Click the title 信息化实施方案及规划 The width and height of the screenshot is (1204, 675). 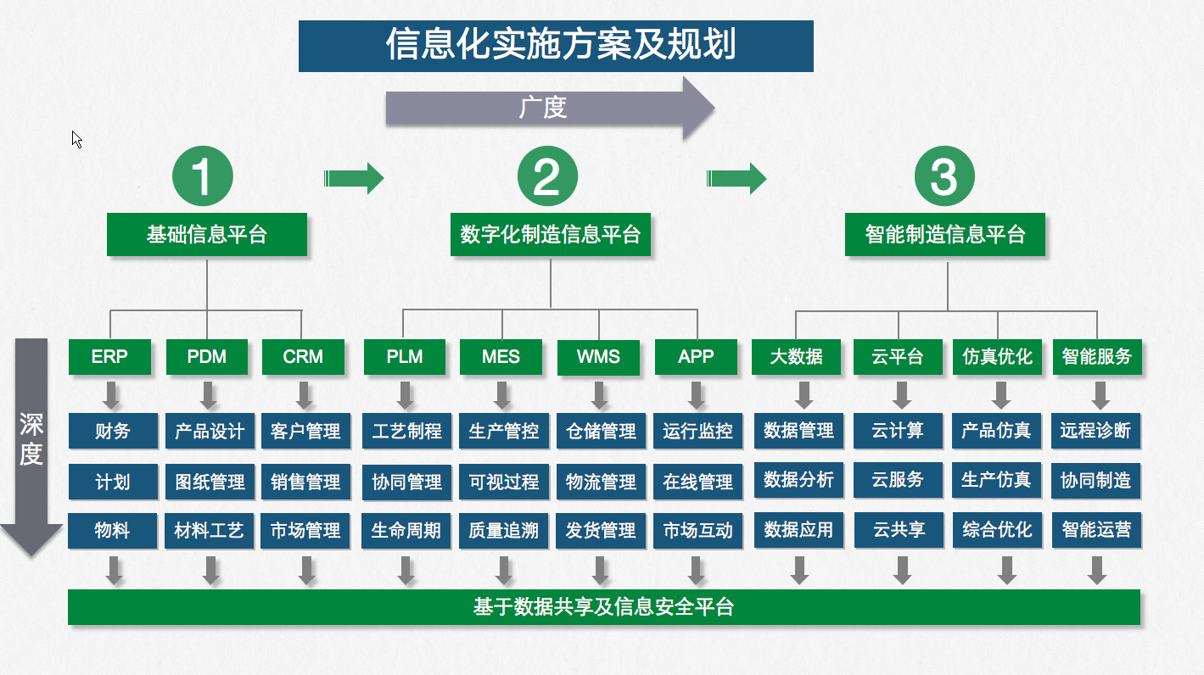[x=556, y=46]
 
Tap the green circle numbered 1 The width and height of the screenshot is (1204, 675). [x=202, y=177]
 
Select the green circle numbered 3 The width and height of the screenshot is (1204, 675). [x=944, y=177]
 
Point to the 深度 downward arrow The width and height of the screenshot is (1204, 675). [x=31, y=445]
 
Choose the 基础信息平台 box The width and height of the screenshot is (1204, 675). [x=206, y=234]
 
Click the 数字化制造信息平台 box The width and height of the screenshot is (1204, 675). [x=550, y=234]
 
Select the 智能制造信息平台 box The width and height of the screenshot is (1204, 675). [x=945, y=234]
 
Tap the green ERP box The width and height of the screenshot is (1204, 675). [x=109, y=357]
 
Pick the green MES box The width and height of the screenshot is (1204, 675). [x=501, y=357]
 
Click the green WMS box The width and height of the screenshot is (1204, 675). [x=598, y=357]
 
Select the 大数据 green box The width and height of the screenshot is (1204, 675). [x=796, y=357]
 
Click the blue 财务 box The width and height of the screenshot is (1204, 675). [x=113, y=431]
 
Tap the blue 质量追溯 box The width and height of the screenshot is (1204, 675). [x=504, y=531]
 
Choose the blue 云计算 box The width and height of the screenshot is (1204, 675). [x=898, y=431]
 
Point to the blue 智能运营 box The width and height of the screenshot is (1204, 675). [x=1096, y=531]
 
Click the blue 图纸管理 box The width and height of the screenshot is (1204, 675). [x=210, y=482]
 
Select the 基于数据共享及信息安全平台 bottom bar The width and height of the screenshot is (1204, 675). [x=603, y=607]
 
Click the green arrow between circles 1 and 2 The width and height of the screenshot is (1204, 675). [x=354, y=178]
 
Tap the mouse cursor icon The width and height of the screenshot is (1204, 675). [x=76, y=139]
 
